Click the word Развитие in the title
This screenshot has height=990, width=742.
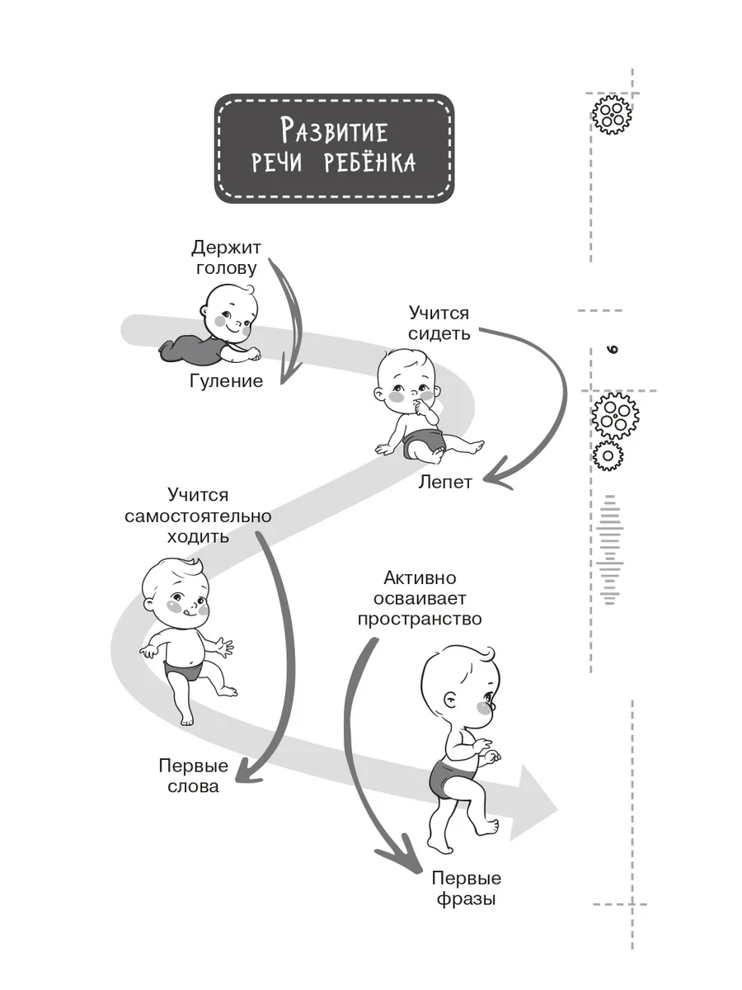[x=334, y=130]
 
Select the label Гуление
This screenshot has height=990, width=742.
[x=226, y=381]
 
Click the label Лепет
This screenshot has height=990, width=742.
[x=445, y=482]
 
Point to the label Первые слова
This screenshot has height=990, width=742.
[x=193, y=775]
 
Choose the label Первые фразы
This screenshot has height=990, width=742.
[x=467, y=889]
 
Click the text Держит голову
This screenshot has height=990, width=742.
[x=226, y=257]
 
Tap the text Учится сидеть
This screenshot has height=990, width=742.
[x=439, y=323]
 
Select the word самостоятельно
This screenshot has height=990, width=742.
[x=198, y=516]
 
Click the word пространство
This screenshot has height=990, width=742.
[x=420, y=619]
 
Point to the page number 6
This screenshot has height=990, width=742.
[x=613, y=350]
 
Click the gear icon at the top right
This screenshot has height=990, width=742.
[x=611, y=115]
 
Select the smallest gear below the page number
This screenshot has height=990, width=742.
[x=608, y=455]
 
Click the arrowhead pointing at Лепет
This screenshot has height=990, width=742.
[x=498, y=474]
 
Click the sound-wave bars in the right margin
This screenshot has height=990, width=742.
[x=609, y=549]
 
